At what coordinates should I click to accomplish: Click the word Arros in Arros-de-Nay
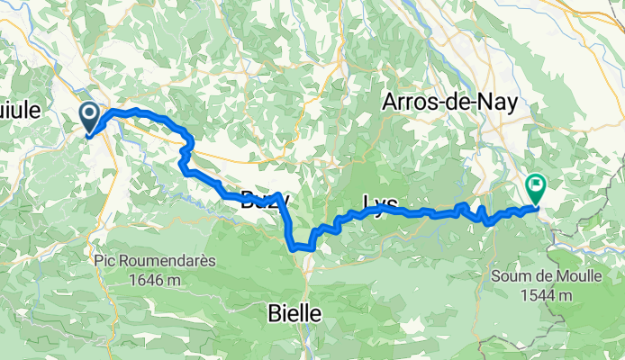411,102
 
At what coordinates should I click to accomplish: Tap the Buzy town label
264,202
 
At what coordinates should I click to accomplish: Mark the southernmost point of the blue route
294,246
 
